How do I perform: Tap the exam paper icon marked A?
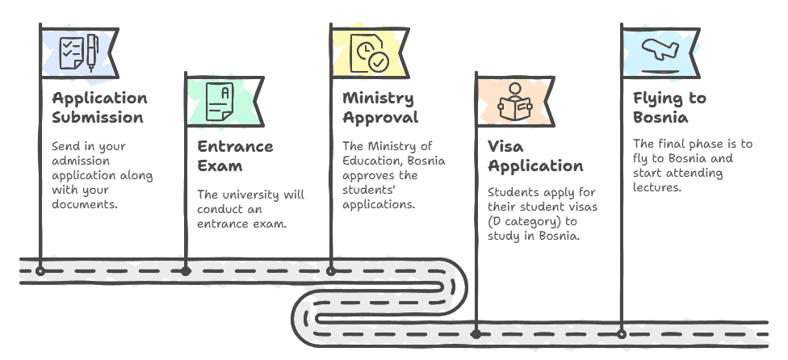tap(219, 103)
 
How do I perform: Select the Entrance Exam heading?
tap(235, 156)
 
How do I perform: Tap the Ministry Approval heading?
tap(379, 107)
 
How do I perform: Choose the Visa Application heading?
tap(534, 156)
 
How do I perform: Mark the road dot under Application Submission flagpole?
tap(40, 271)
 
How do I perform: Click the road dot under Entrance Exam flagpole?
tap(186, 271)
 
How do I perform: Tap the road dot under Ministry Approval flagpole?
tap(331, 271)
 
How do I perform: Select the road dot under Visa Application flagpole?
tap(476, 333)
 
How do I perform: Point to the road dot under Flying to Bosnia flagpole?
tap(621, 333)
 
